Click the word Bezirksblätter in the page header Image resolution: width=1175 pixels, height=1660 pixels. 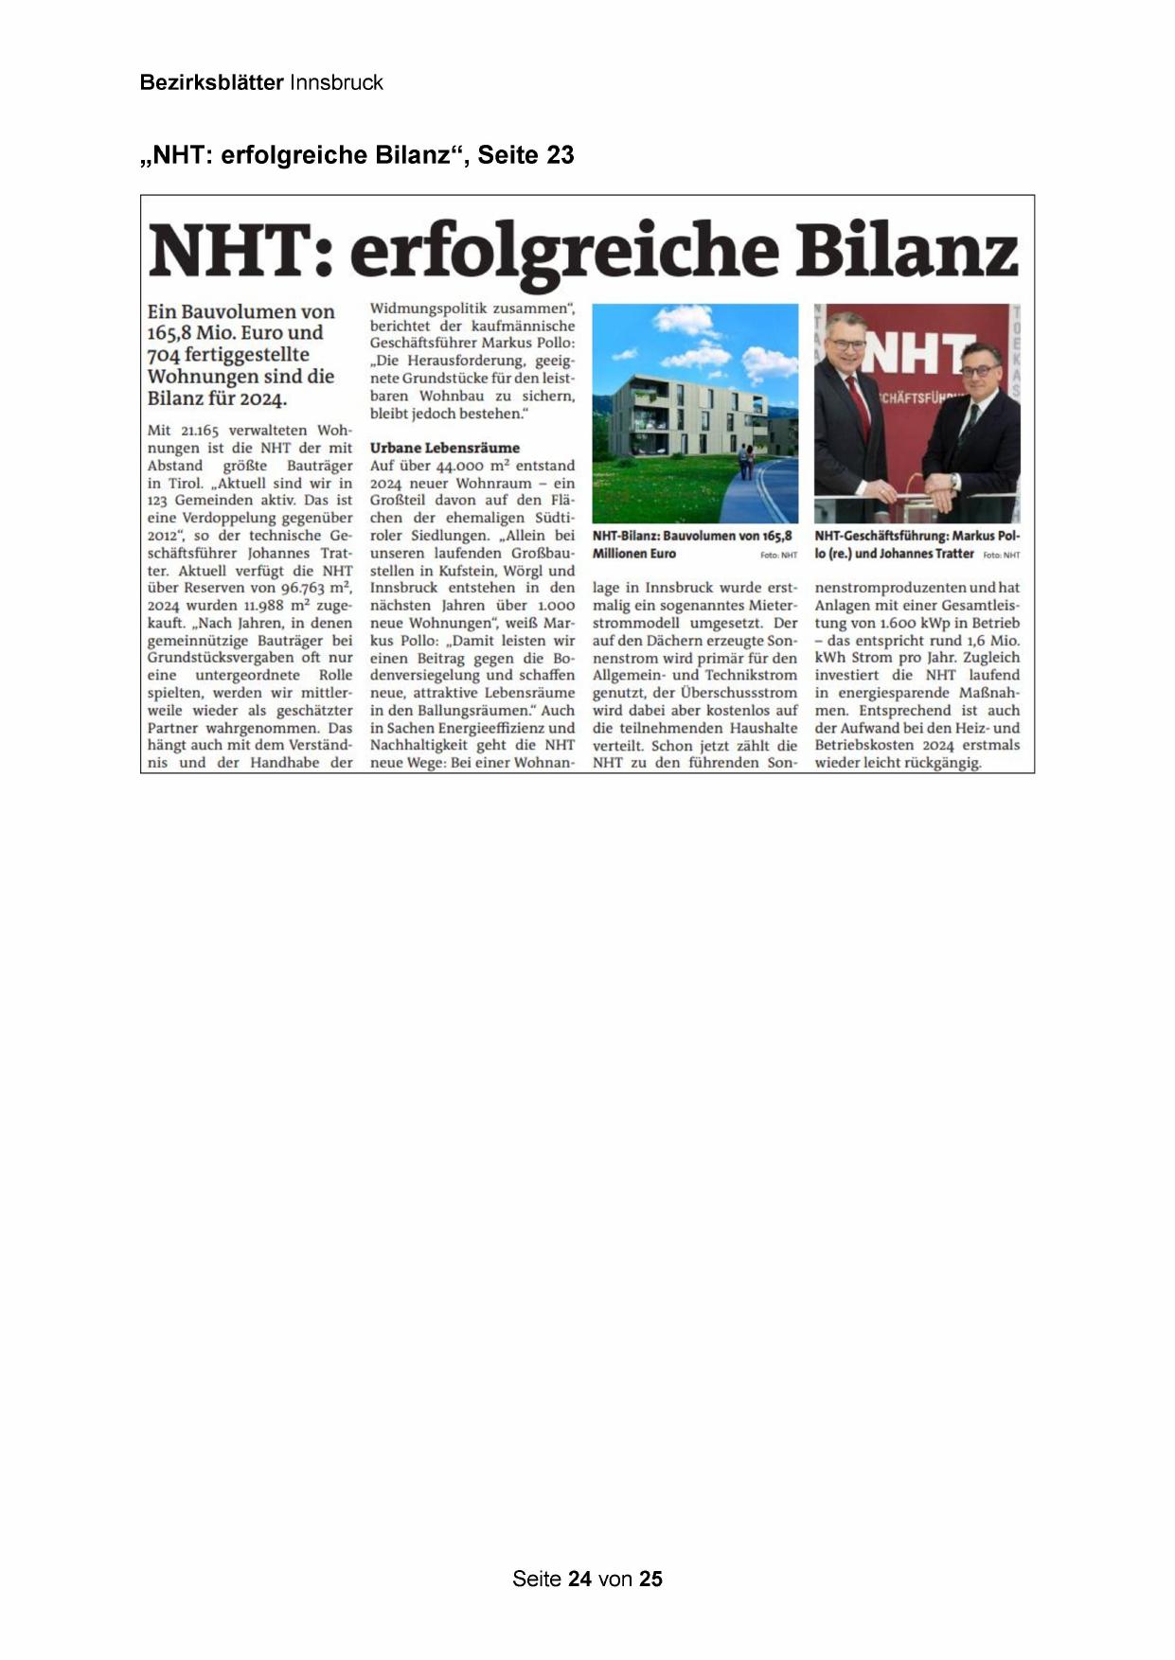211,82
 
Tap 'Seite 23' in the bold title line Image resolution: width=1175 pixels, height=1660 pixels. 525,155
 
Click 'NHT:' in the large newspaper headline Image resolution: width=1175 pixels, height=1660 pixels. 240,252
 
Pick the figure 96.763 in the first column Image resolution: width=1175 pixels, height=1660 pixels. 302,588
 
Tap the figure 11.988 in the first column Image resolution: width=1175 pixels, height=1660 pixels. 264,606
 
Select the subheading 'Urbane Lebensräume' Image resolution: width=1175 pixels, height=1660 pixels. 444,448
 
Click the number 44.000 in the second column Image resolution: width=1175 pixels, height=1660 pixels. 458,466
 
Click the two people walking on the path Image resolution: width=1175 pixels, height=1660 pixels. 747,463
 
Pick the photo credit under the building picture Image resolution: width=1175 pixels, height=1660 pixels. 778,556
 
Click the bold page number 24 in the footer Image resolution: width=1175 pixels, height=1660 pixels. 579,1579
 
